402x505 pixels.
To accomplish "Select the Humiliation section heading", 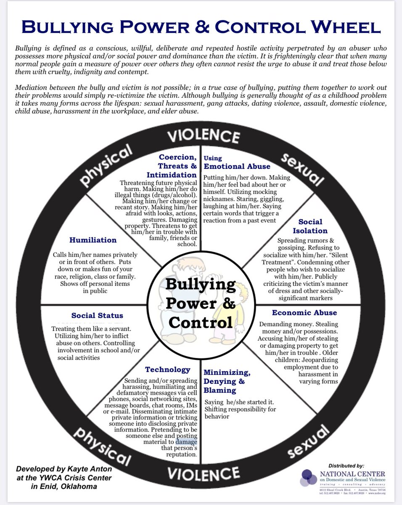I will tap(93, 240).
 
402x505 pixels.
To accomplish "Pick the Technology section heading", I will tap(168, 369).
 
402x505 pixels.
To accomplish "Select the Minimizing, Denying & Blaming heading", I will tap(227, 381).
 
